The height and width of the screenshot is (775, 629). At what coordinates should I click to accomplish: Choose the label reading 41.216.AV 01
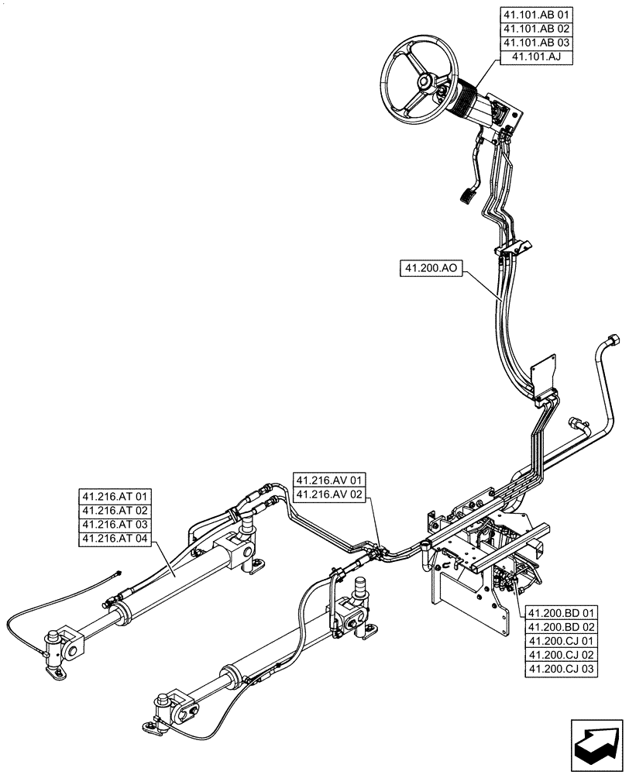[329, 480]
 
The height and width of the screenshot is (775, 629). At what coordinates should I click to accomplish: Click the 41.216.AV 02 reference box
[329, 494]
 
